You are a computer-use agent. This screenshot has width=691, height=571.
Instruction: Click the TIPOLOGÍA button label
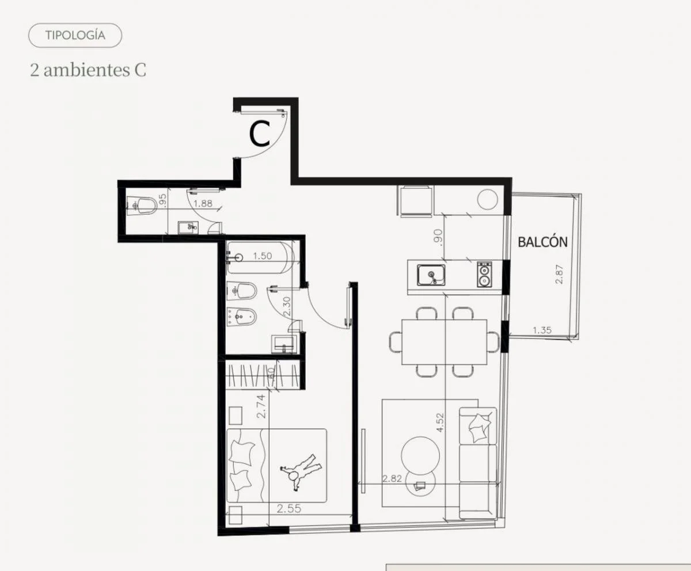tap(75, 35)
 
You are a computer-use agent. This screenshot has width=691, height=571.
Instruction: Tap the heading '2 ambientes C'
tap(88, 70)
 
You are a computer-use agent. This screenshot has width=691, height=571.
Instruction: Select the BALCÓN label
tap(543, 242)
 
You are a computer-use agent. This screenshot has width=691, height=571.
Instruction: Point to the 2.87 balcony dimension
tap(559, 274)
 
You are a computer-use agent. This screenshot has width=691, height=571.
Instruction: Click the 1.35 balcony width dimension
tap(542, 330)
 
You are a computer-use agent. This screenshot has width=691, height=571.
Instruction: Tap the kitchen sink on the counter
tap(431, 275)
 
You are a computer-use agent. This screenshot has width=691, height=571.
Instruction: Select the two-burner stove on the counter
tap(484, 274)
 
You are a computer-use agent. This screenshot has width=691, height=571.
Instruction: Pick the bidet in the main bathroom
tap(242, 318)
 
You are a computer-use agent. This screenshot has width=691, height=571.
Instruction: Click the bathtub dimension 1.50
tap(263, 256)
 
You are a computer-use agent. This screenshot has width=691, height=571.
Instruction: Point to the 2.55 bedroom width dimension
tap(289, 508)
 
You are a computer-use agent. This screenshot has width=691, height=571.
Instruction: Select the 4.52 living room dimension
tap(440, 422)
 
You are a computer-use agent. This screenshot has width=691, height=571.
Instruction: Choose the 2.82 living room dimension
tap(392, 478)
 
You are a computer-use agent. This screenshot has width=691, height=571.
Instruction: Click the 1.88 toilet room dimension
tap(203, 203)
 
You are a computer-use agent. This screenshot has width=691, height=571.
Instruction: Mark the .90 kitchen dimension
tap(438, 235)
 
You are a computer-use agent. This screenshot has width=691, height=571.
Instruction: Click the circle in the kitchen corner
tap(488, 199)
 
